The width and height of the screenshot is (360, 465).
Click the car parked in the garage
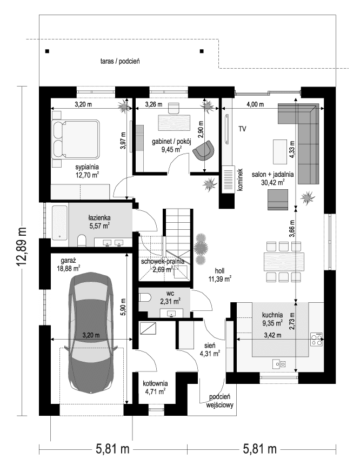coord(90,335)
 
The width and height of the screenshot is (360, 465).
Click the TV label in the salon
coord(242,129)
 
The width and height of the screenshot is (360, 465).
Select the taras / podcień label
coord(120,62)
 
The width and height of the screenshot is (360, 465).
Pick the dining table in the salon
coord(281,262)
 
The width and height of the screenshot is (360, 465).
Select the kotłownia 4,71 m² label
coord(154,387)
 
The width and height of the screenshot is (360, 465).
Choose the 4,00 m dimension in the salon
coord(255,104)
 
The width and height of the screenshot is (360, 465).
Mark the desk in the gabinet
coord(174,122)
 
